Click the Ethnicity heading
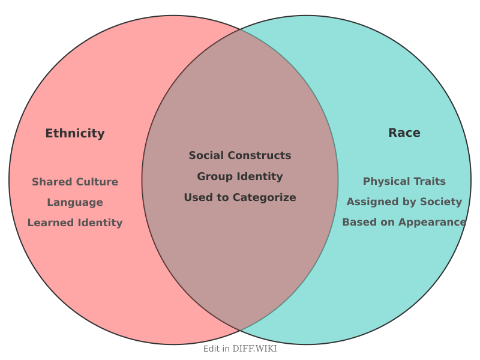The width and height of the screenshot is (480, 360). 75,134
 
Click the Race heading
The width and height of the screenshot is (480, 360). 404,133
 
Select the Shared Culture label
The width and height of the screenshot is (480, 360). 75,182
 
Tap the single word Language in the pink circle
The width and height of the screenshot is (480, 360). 75,203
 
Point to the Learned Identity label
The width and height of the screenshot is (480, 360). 75,223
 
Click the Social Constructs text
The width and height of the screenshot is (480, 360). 240,155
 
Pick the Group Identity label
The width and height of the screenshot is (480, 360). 240,176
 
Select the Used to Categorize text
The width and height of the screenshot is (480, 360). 240,197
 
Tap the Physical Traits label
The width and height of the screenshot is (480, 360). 404,181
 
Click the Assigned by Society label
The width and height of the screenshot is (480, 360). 404,202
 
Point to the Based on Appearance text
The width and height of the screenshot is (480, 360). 404,222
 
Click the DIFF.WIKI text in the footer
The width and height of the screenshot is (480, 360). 254,349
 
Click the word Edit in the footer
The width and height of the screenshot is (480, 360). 212,349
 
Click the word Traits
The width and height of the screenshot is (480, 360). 430,181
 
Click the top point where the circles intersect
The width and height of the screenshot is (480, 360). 241,29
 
